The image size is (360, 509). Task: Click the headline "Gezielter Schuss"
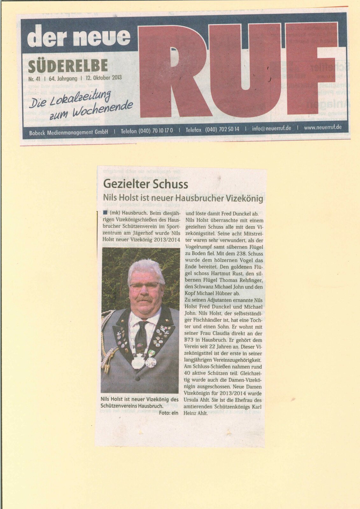click(145, 184)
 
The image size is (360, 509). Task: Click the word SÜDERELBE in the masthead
click(68, 66)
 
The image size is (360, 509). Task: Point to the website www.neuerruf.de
click(323, 127)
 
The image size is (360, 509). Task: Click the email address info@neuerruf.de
click(272, 128)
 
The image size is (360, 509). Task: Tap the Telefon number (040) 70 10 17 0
click(147, 131)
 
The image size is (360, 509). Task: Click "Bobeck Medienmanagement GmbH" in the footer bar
click(68, 132)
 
